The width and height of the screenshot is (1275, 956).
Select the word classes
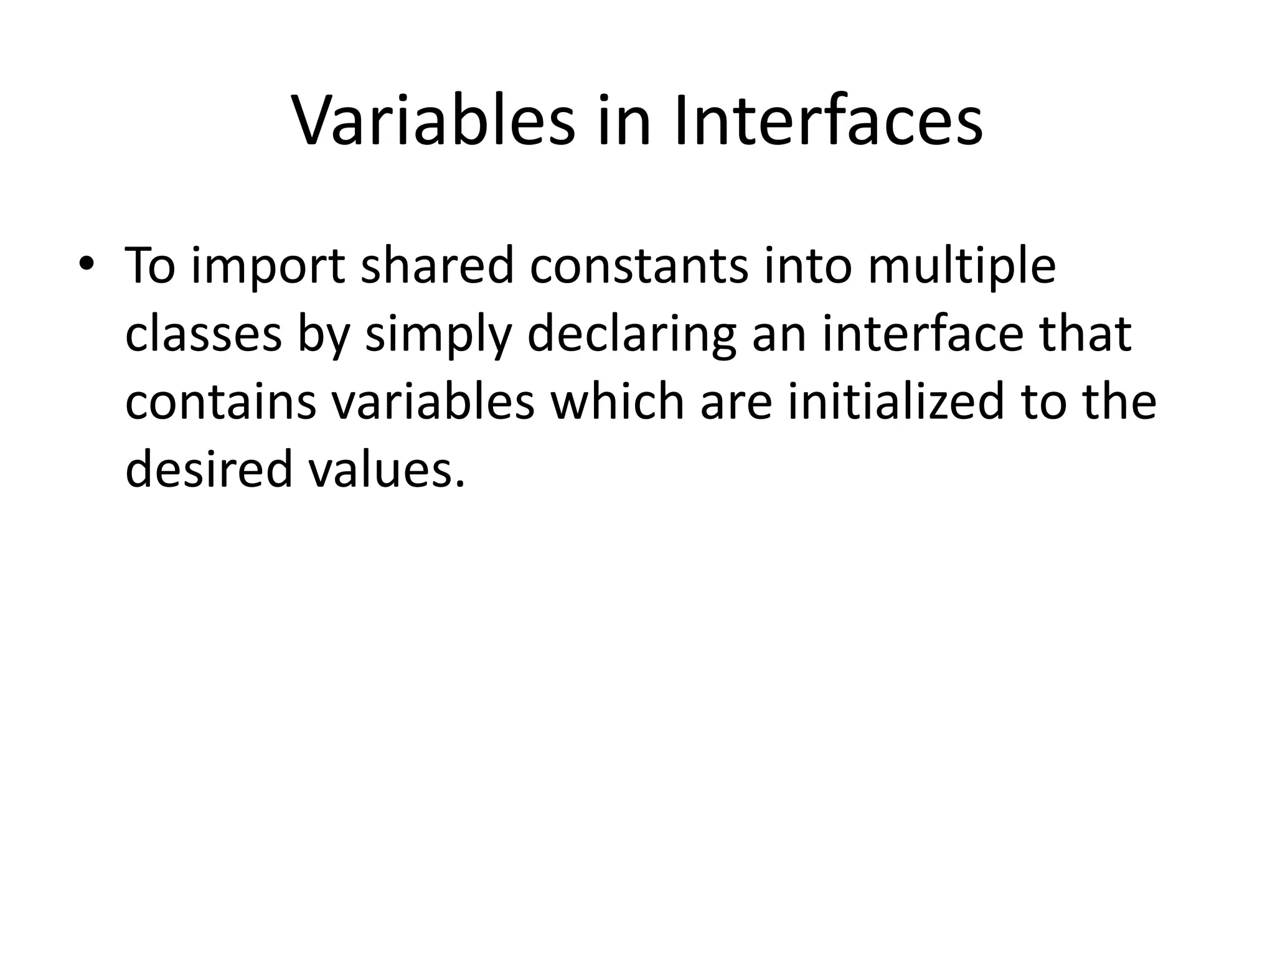tap(204, 334)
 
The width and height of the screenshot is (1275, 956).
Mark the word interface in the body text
tap(923, 334)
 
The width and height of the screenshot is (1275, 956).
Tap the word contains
tap(220, 402)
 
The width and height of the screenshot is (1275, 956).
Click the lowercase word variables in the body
tap(433, 402)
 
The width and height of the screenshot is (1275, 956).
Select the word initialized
tap(896, 401)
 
